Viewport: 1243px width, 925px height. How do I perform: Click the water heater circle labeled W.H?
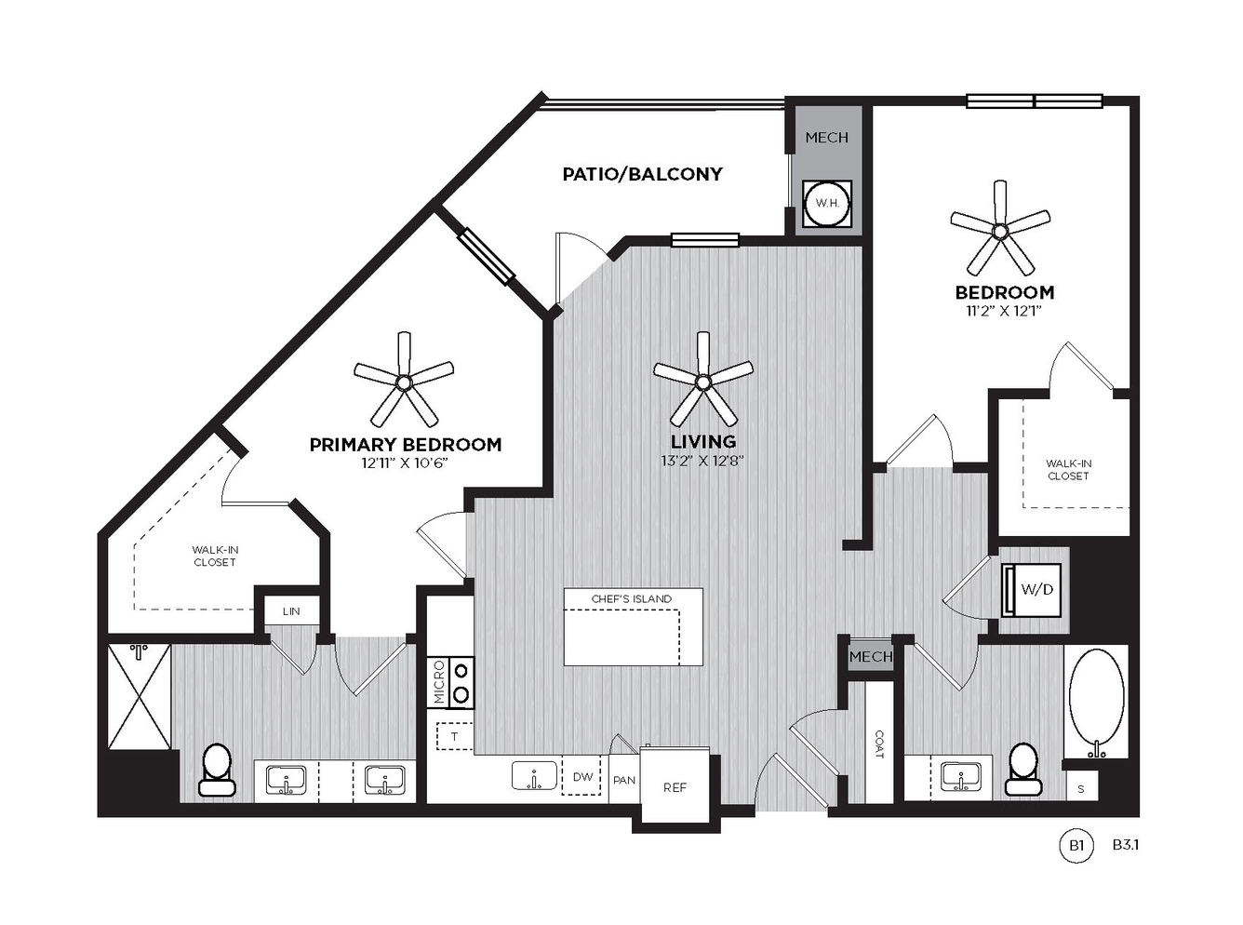826,204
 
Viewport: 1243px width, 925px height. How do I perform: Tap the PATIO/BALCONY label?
642,174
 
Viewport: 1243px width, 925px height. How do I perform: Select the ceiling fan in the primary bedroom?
404,379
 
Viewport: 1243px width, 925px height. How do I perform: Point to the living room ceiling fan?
702,379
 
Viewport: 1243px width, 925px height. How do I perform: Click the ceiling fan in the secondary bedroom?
1000,228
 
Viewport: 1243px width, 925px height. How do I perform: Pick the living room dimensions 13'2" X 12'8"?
702,461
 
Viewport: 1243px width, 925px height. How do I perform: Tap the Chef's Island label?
632,598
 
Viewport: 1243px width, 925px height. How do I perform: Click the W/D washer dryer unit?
1031,590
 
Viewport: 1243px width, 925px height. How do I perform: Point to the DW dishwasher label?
582,777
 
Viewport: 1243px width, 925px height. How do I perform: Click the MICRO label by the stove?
439,682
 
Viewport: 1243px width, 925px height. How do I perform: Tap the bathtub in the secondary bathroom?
1096,702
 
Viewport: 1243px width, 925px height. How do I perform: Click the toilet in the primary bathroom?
217,769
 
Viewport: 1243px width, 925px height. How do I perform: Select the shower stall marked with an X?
139,696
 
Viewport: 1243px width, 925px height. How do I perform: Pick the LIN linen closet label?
291,611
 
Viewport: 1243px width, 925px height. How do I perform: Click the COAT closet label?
878,744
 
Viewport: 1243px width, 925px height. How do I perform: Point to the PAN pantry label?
624,780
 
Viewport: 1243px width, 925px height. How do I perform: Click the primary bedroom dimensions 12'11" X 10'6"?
405,463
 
